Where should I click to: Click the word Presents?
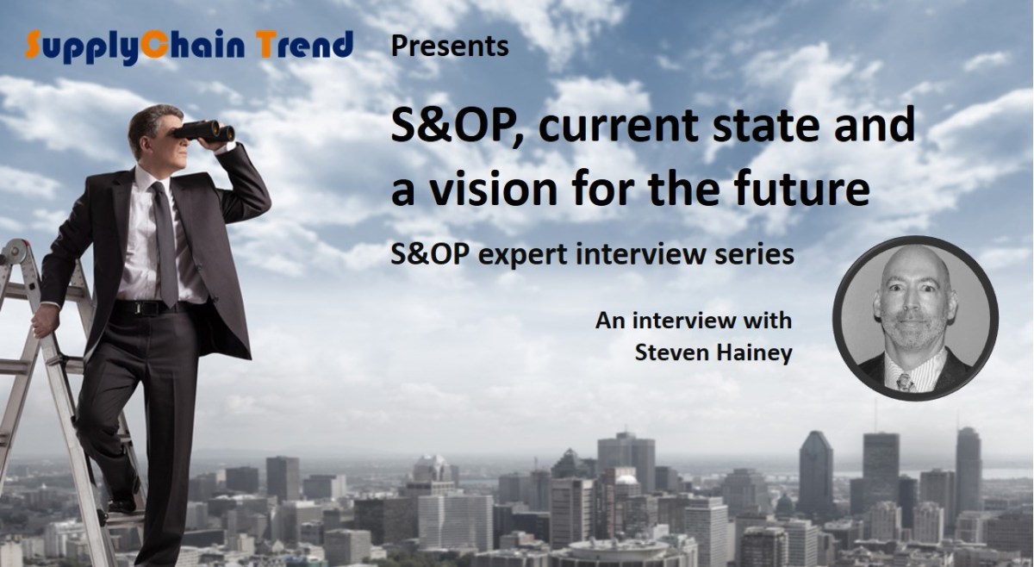(449, 45)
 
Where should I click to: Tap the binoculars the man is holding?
(207, 129)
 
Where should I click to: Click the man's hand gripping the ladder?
(39, 324)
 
